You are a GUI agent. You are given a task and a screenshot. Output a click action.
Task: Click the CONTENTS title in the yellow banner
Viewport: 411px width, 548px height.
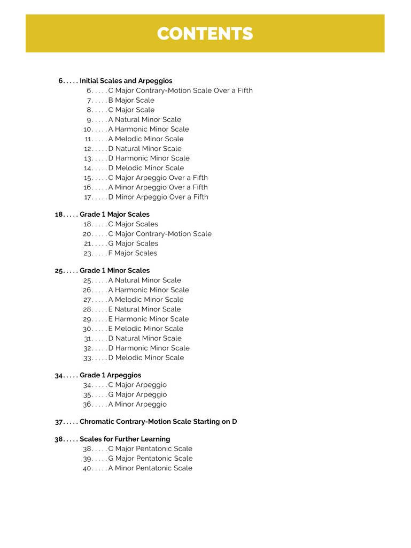(x=205, y=34)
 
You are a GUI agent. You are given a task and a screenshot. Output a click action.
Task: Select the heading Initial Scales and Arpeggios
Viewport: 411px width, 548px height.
(x=126, y=81)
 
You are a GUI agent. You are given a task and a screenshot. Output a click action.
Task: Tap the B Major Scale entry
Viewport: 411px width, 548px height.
(x=131, y=100)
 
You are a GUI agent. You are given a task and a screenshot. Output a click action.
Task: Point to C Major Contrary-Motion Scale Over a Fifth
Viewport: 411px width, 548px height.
(x=180, y=90)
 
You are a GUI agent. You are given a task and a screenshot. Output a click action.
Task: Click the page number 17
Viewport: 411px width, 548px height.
(x=88, y=197)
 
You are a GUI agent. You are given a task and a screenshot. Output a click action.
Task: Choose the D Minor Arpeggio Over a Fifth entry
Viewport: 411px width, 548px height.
(x=158, y=197)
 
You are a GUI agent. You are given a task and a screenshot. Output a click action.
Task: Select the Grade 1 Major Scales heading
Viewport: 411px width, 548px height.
(x=114, y=214)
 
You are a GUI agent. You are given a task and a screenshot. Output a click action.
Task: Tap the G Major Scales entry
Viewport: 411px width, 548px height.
(x=133, y=243)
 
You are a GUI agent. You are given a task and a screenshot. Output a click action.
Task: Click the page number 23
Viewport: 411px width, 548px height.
(x=88, y=253)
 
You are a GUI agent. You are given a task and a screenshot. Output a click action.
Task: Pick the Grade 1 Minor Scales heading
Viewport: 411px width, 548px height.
(x=114, y=270)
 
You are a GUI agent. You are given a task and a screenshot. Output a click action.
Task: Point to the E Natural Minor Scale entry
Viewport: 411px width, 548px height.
(x=144, y=309)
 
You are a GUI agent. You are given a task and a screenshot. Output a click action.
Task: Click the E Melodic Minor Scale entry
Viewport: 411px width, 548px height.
(x=145, y=329)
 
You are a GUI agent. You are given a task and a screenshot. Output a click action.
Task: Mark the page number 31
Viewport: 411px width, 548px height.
(x=89, y=338)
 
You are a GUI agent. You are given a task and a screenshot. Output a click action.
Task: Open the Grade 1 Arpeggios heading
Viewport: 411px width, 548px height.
(x=110, y=375)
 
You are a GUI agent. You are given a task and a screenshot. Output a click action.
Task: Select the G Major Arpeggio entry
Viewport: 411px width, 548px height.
(x=137, y=394)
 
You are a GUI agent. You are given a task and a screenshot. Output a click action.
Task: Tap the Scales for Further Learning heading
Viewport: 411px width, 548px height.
(x=125, y=439)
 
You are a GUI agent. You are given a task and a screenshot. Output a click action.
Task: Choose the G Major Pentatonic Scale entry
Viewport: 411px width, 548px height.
(x=150, y=458)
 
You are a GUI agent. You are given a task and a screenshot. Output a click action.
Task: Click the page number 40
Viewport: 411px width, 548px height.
(x=88, y=468)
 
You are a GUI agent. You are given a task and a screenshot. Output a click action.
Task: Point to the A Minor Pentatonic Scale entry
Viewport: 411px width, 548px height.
(x=150, y=468)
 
